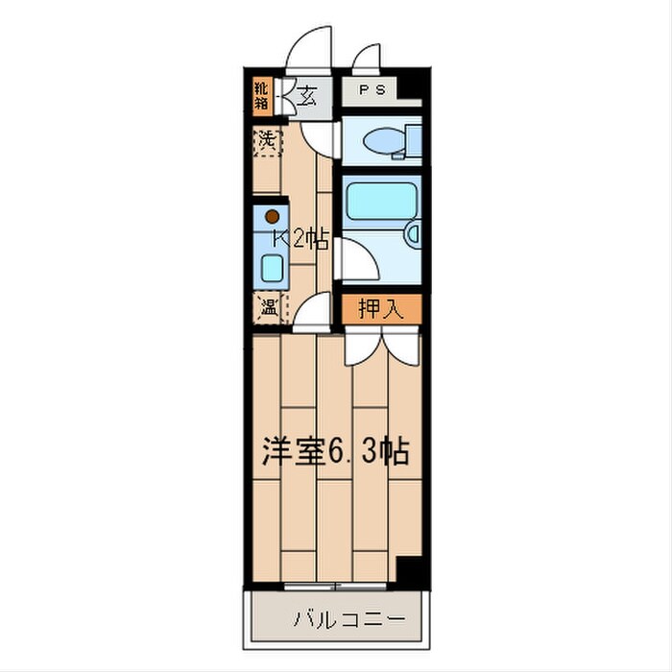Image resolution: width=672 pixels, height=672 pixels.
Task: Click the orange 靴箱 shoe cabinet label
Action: pos(261,96)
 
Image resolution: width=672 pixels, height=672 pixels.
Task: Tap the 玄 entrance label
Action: pos(306,95)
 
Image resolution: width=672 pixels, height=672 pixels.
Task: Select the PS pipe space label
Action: pos(373,90)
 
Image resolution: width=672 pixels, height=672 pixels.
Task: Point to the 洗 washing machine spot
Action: pos(267,139)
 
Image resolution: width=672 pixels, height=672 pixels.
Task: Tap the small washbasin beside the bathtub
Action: pos(413,232)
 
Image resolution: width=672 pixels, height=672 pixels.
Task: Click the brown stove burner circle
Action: pos(272,216)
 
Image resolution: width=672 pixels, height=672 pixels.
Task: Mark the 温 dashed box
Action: pos(267,309)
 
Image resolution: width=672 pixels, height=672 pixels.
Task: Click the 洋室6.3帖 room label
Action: pos(336,451)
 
